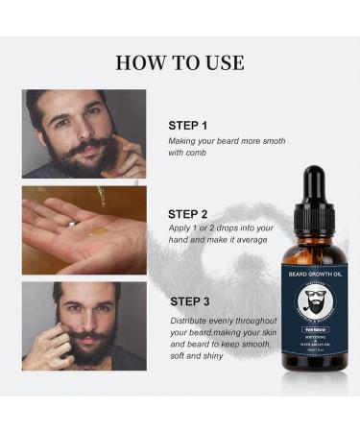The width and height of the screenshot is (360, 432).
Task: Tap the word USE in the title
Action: point(223,63)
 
